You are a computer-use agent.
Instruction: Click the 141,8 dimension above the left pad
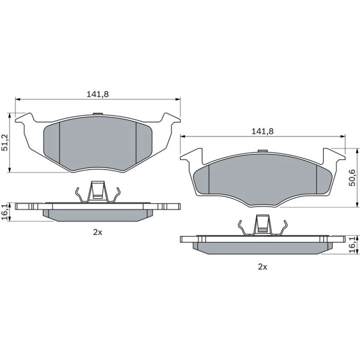(x=98, y=94)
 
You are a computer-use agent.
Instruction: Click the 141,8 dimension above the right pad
(x=263, y=131)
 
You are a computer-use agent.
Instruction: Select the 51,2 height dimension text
(x=5, y=143)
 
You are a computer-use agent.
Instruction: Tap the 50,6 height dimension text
(x=352, y=178)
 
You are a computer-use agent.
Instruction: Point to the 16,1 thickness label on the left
(x=5, y=212)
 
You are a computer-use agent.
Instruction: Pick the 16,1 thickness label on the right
(x=352, y=245)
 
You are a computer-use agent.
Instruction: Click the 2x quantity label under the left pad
(x=98, y=232)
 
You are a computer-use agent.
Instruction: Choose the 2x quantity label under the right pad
(x=263, y=267)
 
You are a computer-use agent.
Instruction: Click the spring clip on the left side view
(x=98, y=192)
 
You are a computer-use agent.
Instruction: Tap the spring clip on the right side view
(x=263, y=225)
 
